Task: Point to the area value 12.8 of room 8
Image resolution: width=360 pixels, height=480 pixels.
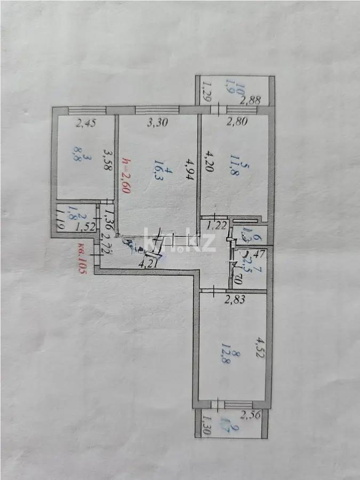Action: tap(238, 368)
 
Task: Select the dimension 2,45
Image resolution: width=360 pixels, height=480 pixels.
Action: tap(86, 124)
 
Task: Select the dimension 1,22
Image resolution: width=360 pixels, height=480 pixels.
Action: tap(217, 226)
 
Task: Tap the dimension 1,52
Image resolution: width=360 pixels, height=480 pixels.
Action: tap(85, 228)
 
